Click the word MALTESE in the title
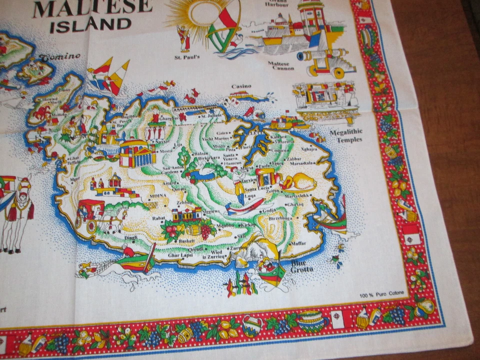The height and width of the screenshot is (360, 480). point(92,6)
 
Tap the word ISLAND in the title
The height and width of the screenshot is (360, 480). point(90,24)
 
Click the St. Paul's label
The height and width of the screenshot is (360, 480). point(187,57)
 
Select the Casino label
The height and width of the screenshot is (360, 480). point(241,86)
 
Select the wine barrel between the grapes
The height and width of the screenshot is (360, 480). point(193,230)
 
